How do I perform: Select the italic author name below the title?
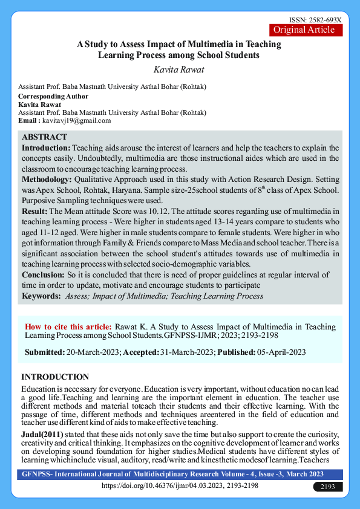180,70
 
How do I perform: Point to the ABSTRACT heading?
45,137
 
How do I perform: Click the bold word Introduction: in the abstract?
47,148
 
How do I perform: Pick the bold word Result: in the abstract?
34,210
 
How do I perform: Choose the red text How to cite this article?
68,326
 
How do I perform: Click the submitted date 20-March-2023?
94,352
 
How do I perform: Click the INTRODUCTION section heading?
55,377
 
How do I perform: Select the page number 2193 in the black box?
327,487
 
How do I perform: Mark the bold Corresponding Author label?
53,96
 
